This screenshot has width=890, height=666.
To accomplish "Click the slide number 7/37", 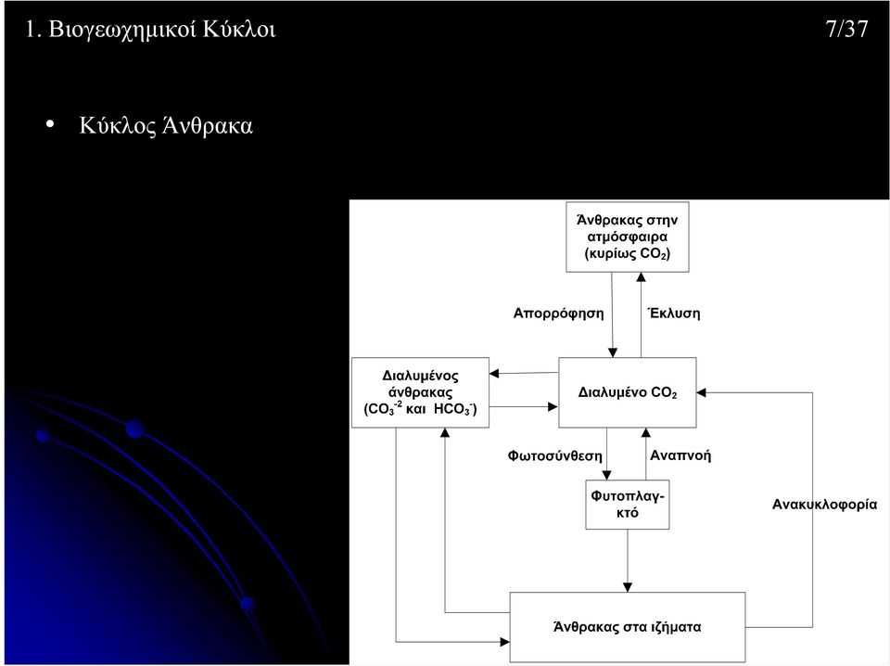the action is tap(846, 29).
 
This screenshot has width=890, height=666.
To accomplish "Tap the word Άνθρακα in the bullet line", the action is tap(207, 125).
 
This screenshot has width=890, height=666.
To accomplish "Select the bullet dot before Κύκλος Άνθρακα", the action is tap(50, 124).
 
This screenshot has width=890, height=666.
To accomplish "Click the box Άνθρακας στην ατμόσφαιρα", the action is tap(628, 237).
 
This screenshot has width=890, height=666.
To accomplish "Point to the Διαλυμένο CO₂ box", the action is tap(628, 392).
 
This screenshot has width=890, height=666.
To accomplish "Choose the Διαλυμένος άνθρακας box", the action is tap(420, 392).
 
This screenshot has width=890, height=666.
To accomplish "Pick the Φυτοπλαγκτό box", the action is tap(628, 505).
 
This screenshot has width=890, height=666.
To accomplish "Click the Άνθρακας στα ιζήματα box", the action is tap(628, 627).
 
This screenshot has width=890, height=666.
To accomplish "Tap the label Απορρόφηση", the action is tap(558, 314).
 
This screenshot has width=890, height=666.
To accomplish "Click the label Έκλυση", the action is tap(674, 313).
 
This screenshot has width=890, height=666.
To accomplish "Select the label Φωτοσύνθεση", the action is tap(554, 455).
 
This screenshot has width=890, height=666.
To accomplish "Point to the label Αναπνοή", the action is tap(680, 455).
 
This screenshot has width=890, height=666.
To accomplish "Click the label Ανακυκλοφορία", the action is tap(824, 505).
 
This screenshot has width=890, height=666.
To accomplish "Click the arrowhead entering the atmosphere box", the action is tap(641, 277).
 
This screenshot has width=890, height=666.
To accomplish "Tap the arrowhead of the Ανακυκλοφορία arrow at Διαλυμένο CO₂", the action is tap(701, 392).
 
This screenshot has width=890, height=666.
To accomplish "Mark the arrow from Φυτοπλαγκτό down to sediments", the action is tap(628, 561).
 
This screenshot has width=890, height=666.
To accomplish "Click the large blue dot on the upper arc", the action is tap(135, 429).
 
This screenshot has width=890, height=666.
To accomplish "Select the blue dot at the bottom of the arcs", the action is tap(247, 604).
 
